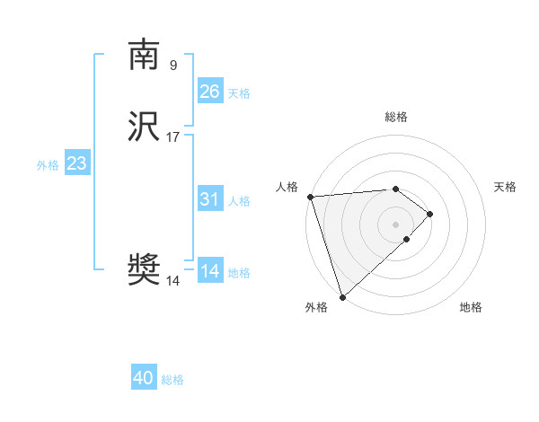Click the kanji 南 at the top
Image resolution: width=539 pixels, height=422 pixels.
click(144, 55)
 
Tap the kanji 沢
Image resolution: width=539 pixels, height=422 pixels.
click(144, 127)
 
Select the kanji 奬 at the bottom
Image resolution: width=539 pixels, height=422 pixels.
click(144, 270)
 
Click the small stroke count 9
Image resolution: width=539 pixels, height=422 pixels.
click(173, 65)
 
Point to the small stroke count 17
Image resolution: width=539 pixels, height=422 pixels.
click(173, 136)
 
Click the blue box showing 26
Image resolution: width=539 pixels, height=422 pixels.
click(209, 92)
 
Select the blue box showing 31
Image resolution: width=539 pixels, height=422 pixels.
click(209, 199)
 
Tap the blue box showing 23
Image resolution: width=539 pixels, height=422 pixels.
click(76, 163)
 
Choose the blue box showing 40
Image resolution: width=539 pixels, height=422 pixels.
click(144, 378)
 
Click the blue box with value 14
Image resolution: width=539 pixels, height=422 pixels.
click(209, 271)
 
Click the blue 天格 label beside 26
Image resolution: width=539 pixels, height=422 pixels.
click(239, 93)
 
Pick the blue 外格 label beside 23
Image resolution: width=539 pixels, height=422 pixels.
click(48, 165)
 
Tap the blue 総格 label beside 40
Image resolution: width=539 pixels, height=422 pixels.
click(172, 380)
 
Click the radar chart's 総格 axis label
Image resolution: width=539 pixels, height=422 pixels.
click(396, 117)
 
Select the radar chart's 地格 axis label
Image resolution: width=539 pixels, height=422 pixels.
click(471, 307)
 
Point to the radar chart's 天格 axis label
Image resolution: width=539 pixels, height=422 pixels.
click(506, 187)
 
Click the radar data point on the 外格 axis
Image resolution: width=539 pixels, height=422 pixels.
click(342, 296)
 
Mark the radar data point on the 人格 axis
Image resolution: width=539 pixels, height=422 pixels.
click(310, 197)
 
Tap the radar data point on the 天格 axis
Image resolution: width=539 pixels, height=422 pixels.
click(430, 214)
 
